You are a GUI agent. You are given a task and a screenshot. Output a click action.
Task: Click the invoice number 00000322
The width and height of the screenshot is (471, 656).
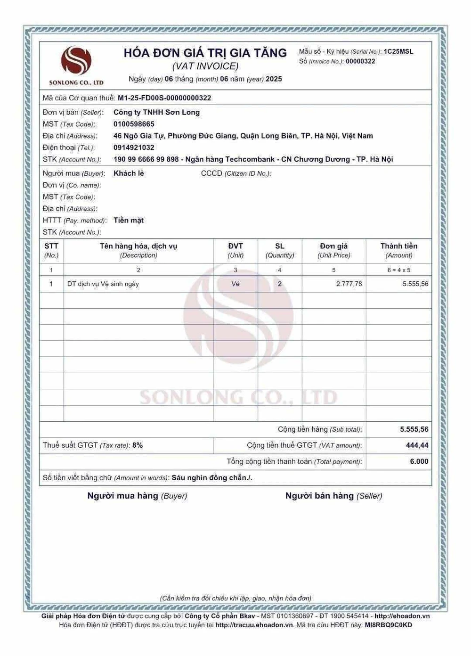tap(360, 61)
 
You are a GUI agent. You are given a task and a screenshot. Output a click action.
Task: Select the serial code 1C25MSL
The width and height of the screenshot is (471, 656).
tap(398, 51)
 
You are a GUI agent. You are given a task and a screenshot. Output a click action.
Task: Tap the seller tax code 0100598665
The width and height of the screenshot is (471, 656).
tap(134, 124)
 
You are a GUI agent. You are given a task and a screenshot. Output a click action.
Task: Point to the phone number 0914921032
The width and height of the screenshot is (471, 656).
tap(134, 148)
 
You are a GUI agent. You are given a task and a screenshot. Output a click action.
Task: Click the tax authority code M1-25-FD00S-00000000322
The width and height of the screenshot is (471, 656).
tap(164, 98)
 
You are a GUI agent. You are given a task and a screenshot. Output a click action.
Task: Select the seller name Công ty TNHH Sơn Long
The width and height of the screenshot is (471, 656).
tap(156, 112)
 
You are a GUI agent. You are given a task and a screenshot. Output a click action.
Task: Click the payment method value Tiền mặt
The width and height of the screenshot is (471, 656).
tap(128, 220)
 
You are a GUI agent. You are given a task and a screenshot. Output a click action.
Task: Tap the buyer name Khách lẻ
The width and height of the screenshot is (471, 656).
tap(129, 173)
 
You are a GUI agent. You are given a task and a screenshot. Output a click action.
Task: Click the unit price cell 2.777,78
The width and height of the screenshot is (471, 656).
tap(349, 284)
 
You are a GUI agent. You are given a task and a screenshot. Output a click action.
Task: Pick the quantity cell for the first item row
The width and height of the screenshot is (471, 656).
tap(280, 284)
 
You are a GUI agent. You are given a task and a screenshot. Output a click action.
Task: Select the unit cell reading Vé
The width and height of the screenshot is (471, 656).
tap(235, 284)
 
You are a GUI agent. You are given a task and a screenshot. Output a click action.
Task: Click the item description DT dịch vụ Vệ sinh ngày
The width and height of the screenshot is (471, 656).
tap(103, 284)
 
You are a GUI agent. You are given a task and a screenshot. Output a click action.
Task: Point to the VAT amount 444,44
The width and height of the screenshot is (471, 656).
tap(417, 445)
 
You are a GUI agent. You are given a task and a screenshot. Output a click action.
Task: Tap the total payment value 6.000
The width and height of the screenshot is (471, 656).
tap(419, 461)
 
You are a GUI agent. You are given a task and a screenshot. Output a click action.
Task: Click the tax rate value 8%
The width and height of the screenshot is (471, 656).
tap(138, 445)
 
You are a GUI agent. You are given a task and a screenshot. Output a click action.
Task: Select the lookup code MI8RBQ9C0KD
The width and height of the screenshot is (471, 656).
tap(388, 625)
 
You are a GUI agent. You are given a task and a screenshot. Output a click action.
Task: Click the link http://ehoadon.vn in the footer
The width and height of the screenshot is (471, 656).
tap(402, 616)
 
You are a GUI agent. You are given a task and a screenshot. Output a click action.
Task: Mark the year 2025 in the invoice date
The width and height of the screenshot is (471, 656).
tap(274, 79)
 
